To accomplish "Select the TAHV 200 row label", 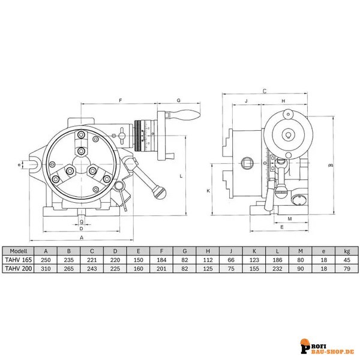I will [19, 269].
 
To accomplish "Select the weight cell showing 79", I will [345, 269].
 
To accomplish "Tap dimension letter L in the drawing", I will [181, 176].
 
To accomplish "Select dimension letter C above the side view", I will [265, 91].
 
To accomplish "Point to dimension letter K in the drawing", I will [207, 191].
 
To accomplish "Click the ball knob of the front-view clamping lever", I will [158, 193].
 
